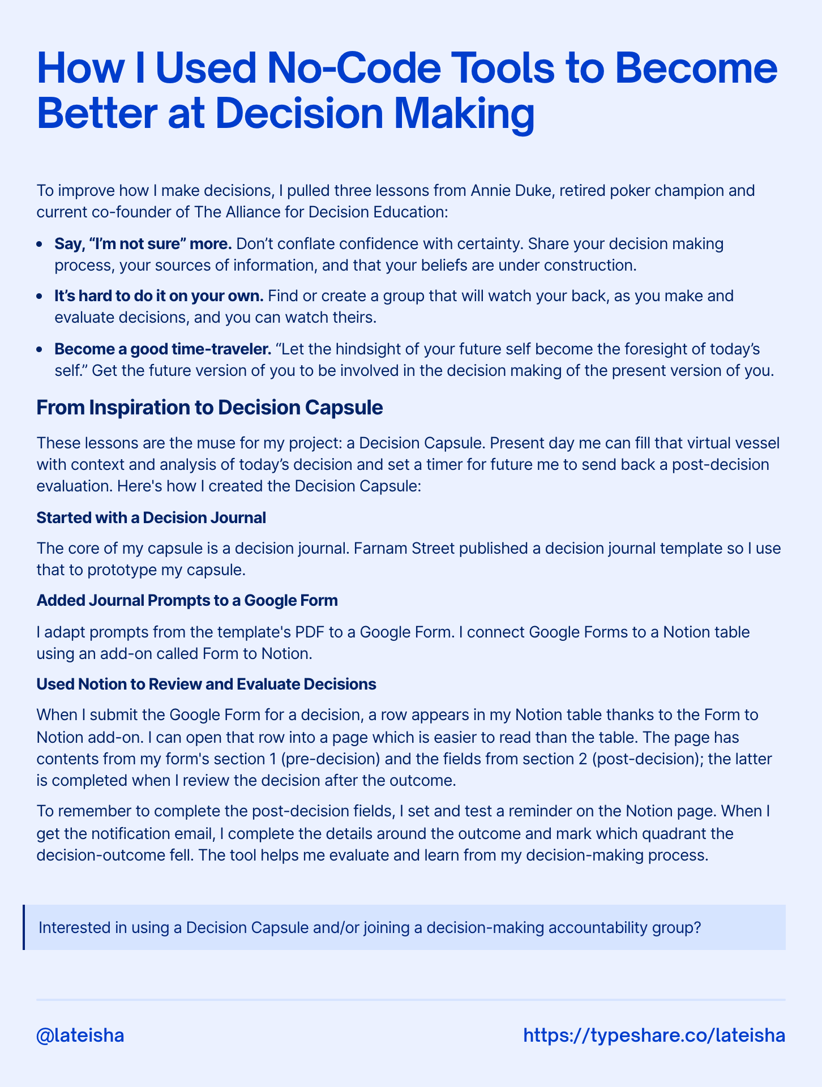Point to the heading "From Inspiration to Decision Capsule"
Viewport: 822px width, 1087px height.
click(x=209, y=408)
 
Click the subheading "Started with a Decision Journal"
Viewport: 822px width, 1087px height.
click(x=151, y=517)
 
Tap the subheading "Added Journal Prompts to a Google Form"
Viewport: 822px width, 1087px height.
click(x=187, y=601)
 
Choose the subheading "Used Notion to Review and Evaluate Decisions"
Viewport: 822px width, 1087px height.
click(x=206, y=684)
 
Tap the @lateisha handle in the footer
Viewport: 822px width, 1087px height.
click(x=80, y=1035)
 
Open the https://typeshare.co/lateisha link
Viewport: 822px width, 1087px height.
click(x=654, y=1035)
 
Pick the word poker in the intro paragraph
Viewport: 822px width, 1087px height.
click(x=597, y=190)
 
